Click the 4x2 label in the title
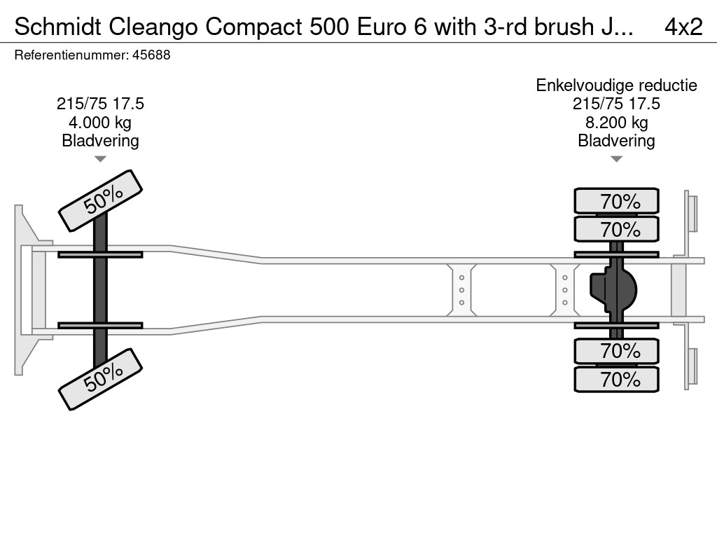pyautogui.click(x=683, y=27)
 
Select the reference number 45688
pyautogui.click(x=152, y=55)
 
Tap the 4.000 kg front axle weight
pyautogui.click(x=100, y=123)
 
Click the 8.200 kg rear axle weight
pyautogui.click(x=616, y=123)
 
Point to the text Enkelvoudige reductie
pyautogui.click(x=616, y=85)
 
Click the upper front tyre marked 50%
pyautogui.click(x=99, y=201)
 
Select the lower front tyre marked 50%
pyautogui.click(x=99, y=379)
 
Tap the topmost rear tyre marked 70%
pyautogui.click(x=616, y=201)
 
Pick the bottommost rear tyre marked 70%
pyautogui.click(x=616, y=380)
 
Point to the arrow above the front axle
pyautogui.click(x=100, y=159)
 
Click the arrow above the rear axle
pyautogui.click(x=616, y=159)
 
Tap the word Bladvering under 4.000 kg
pyautogui.click(x=100, y=141)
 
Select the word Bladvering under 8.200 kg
pyautogui.click(x=616, y=141)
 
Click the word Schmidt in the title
pyautogui.click(x=58, y=27)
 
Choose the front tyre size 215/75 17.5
pyautogui.click(x=100, y=104)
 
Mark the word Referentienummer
pyautogui.click(x=71, y=55)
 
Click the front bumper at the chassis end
pyautogui.click(x=25, y=289)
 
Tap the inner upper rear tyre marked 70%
pyautogui.click(x=616, y=229)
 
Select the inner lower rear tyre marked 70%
pyautogui.click(x=616, y=351)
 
